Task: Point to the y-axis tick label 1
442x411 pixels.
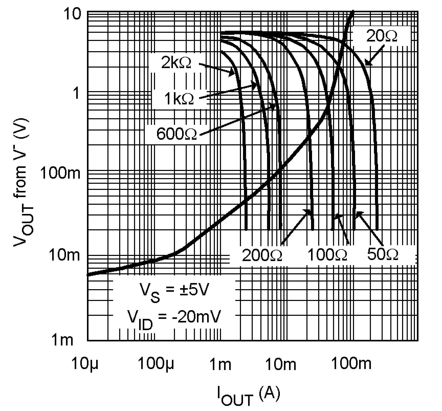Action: coord(75,94)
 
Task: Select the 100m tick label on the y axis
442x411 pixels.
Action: coord(60,174)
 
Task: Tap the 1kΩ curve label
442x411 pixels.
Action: coord(179,99)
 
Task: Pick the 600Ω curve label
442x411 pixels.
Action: coord(176,134)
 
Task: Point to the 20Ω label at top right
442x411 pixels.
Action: coord(382,36)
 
